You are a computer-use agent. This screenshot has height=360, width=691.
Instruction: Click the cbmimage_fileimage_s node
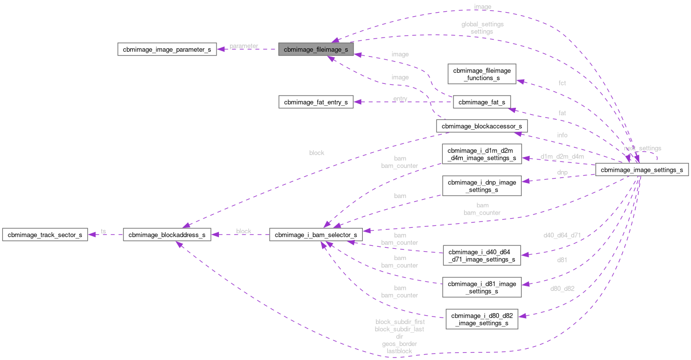point(316,49)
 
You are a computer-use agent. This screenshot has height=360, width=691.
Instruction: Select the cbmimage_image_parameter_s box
point(167,49)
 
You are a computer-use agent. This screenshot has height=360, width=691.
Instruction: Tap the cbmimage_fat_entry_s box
point(316,102)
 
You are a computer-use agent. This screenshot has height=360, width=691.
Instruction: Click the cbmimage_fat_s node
point(481,102)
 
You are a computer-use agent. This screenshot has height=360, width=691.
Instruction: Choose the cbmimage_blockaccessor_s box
point(481,126)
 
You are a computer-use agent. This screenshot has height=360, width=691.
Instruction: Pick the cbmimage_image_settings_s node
point(642,170)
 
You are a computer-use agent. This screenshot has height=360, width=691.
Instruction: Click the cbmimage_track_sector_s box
point(44,235)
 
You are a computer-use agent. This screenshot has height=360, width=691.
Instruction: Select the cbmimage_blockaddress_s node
point(167,235)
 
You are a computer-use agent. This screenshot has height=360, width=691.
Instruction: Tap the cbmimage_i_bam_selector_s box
point(316,235)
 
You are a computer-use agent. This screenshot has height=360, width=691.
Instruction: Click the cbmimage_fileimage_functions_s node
point(482,74)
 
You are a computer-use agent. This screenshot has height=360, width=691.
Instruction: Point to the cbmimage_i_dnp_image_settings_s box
point(482,186)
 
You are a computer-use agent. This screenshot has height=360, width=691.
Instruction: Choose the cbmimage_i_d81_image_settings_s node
point(482,287)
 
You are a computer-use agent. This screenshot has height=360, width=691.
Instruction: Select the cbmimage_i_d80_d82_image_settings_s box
point(482,319)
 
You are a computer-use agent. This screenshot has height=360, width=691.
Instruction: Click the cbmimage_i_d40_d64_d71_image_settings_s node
point(482,256)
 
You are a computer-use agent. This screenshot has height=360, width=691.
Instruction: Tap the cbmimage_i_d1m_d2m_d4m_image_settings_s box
point(482,154)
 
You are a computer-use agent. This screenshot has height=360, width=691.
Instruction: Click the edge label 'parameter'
point(244,46)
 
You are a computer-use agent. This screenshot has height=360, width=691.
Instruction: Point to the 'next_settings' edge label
point(643,148)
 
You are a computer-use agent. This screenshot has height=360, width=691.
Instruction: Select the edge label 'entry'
point(400,99)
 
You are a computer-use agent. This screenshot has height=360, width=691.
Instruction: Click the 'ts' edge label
point(103,231)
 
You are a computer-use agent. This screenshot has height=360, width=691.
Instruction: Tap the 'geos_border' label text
point(399,344)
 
